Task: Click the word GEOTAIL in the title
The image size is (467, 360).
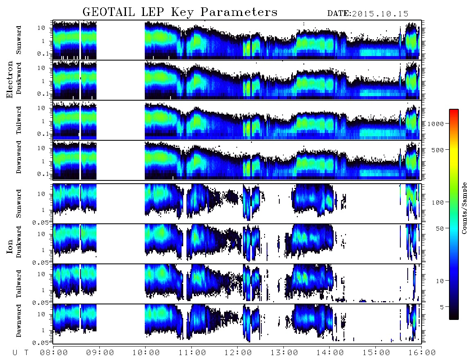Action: tap(109, 12)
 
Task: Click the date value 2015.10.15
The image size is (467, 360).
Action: tap(380, 14)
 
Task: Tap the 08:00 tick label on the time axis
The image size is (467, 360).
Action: tap(54, 353)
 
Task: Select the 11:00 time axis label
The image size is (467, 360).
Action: tap(192, 353)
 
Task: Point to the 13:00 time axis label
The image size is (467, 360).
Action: tap(284, 353)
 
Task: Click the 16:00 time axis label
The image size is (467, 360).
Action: tap(422, 353)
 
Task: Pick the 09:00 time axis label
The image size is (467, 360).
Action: tap(100, 353)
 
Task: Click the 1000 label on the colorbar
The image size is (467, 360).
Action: tap(436, 124)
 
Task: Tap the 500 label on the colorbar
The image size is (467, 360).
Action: tap(438, 150)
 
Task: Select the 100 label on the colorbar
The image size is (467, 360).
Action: tap(438, 202)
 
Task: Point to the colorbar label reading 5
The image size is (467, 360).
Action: tap(442, 307)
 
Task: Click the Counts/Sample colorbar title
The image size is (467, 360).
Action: tap(464, 208)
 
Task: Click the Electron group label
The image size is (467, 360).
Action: tap(9, 79)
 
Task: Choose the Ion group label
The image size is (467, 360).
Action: tap(9, 246)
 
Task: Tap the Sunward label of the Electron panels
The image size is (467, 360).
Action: tap(19, 40)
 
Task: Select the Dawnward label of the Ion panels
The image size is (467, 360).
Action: tap(19, 321)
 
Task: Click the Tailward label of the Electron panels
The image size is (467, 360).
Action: tap(19, 120)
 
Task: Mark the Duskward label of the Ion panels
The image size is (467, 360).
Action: tap(19, 242)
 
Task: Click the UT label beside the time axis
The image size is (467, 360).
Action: tap(20, 353)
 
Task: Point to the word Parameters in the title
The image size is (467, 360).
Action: tap(239, 12)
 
